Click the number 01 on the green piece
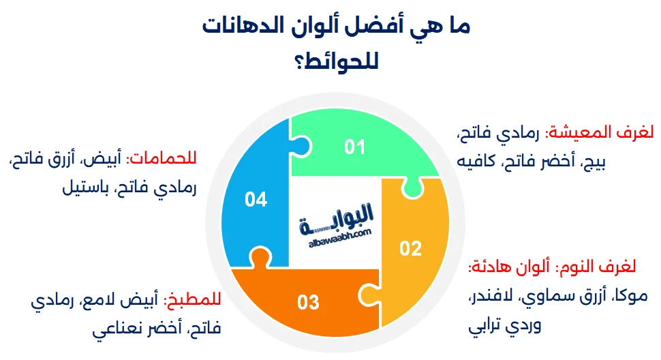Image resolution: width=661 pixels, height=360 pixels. [x=354, y=147]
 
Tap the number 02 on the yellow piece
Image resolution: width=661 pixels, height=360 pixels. [x=410, y=249]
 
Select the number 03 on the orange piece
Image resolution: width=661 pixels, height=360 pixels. [x=308, y=301]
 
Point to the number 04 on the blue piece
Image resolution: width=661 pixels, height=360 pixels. [x=256, y=199]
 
